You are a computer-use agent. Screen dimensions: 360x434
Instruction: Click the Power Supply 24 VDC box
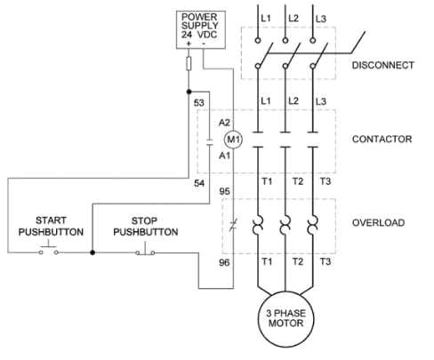point(200,28)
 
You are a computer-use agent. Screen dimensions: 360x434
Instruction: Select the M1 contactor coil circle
point(233,139)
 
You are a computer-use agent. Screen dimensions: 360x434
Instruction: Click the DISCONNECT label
point(383,66)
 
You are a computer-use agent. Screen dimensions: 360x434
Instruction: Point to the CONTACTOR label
point(382,140)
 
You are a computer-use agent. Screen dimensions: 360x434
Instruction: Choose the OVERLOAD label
point(378,222)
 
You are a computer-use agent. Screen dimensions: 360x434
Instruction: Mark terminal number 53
point(199,104)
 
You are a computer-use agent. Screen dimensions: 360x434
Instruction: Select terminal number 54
point(199,182)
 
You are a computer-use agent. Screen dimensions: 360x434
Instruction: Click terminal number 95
point(224,191)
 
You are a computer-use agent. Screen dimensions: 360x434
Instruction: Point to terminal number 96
point(224,263)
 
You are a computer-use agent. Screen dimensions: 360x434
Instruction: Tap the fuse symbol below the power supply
point(189,64)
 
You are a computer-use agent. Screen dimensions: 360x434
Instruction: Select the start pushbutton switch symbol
point(48,251)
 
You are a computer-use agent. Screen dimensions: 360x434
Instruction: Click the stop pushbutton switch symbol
point(146,252)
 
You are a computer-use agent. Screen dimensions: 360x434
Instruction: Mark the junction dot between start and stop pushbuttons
point(92,252)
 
